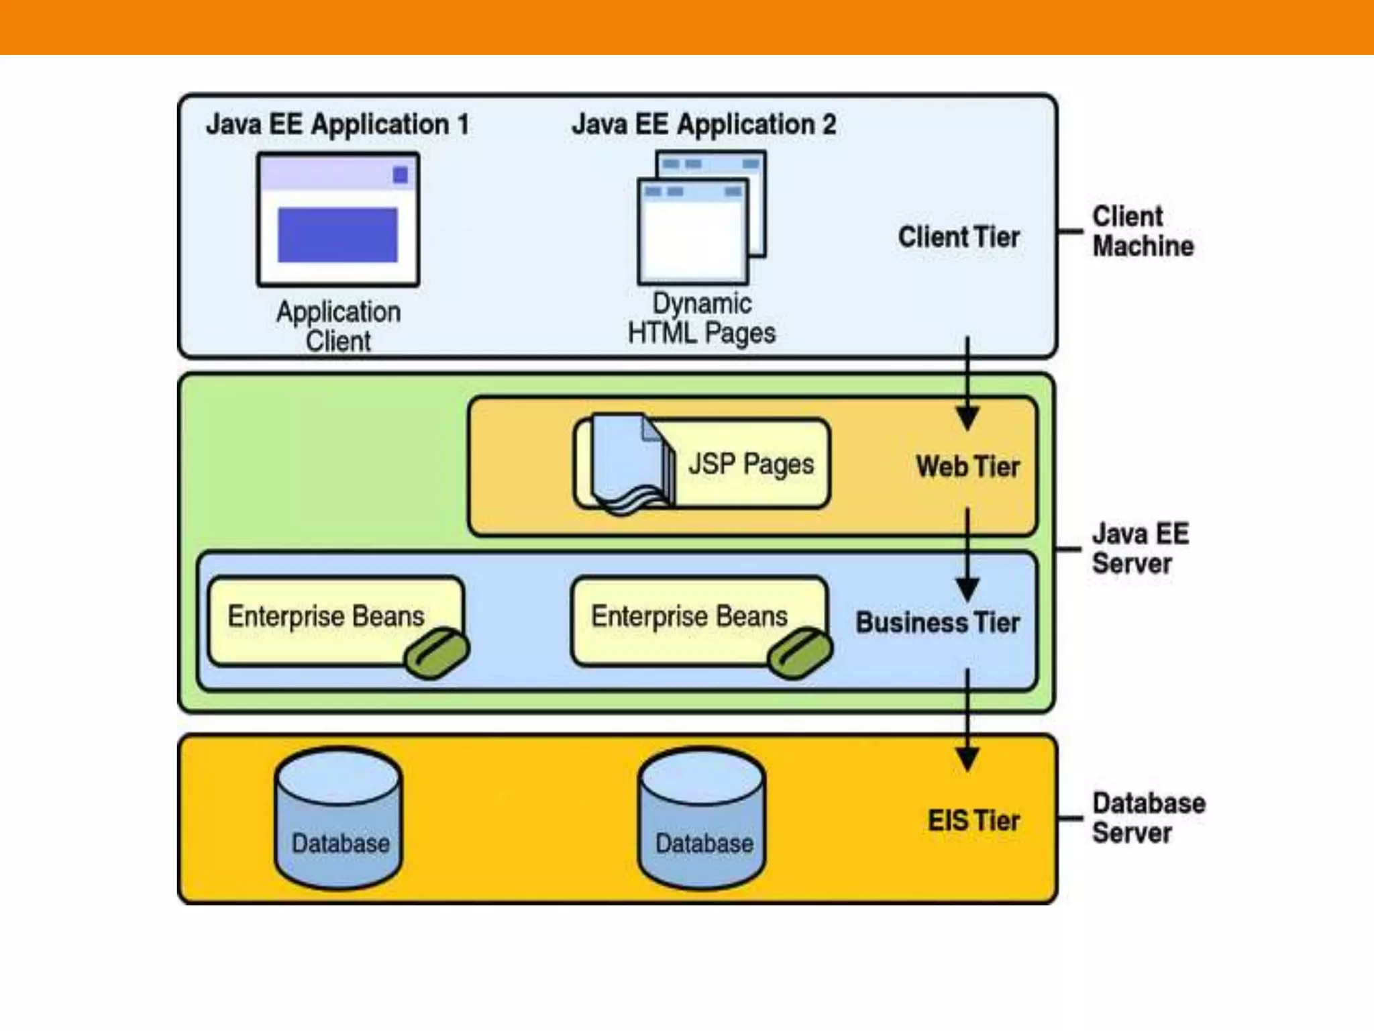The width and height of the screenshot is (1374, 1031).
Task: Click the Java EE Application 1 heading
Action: [x=337, y=125]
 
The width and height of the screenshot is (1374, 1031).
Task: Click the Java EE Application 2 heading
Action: [x=704, y=125]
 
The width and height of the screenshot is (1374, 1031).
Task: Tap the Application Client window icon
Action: [x=338, y=219]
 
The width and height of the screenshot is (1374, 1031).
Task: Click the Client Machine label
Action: [x=1143, y=232]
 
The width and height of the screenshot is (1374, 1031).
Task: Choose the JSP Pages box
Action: [x=702, y=464]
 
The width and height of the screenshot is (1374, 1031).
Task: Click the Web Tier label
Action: [x=967, y=467]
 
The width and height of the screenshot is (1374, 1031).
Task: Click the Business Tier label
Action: [x=937, y=623]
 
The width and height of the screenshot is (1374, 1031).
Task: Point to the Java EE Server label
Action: [x=1139, y=549]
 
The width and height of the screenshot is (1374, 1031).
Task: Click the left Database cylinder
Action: [x=339, y=819]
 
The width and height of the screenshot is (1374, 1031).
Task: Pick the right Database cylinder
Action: [x=702, y=819]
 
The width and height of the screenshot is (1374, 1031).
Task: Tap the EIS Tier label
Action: [x=973, y=821]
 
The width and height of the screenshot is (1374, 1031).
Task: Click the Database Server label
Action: [x=1147, y=818]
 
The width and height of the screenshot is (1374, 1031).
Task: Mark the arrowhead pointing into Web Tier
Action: [x=967, y=419]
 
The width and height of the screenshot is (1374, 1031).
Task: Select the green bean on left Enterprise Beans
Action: [x=437, y=653]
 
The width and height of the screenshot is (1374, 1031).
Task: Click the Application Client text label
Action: [x=339, y=326]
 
